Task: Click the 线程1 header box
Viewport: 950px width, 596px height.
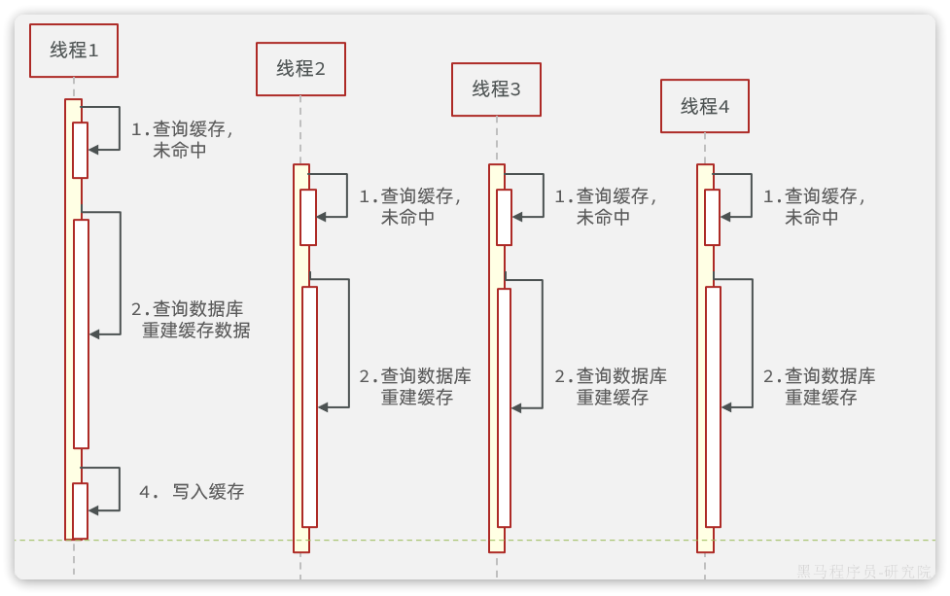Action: coord(74,51)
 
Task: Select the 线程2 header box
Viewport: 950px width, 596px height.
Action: coord(300,69)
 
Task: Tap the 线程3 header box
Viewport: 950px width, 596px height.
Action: coord(496,89)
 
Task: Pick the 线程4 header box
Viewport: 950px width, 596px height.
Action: coord(705,106)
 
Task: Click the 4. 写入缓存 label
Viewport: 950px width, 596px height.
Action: coord(192,492)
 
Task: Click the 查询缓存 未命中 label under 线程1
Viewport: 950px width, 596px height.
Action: coord(182,140)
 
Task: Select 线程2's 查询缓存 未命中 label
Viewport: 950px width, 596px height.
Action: coord(409,207)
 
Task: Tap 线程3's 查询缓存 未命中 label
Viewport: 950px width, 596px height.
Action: coord(605,207)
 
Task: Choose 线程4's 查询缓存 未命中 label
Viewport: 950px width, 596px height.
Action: coord(813,207)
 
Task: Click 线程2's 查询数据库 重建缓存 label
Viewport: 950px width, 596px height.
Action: coord(415,386)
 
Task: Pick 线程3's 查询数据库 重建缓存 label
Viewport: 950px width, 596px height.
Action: coord(611,386)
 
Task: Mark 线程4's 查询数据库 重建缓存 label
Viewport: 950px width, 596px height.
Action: coord(819,386)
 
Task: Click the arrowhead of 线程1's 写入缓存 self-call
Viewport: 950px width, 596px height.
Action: coord(93,509)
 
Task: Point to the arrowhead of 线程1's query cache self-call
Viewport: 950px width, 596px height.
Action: coord(93,150)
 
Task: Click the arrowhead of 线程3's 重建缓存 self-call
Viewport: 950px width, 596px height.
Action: coord(517,407)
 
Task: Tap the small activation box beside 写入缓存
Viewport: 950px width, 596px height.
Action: coord(80,510)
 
